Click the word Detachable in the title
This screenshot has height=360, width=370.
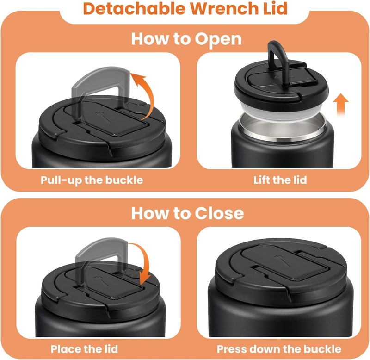(135, 8)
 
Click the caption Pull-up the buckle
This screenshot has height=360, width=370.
(92, 180)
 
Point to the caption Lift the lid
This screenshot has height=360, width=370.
(280, 180)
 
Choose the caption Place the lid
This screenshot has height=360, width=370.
(84, 349)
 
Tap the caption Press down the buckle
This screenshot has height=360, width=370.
(279, 349)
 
